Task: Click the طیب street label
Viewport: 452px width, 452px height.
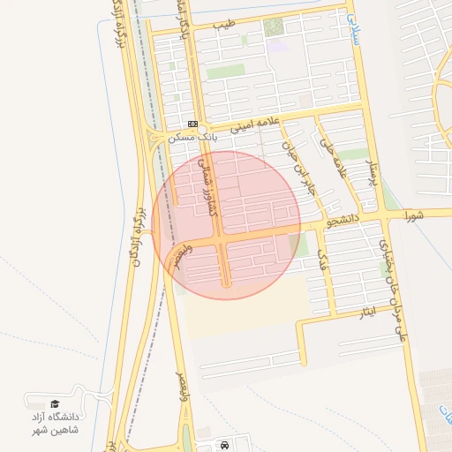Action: tap(228, 26)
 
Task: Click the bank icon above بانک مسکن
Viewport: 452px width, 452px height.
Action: tap(192, 124)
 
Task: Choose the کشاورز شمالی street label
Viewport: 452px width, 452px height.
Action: tap(210, 183)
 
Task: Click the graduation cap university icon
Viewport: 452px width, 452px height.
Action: tap(56, 403)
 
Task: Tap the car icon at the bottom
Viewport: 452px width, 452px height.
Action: tap(225, 446)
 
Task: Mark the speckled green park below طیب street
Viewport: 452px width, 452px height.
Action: tap(274, 27)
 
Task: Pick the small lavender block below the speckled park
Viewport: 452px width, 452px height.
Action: tap(278, 46)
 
